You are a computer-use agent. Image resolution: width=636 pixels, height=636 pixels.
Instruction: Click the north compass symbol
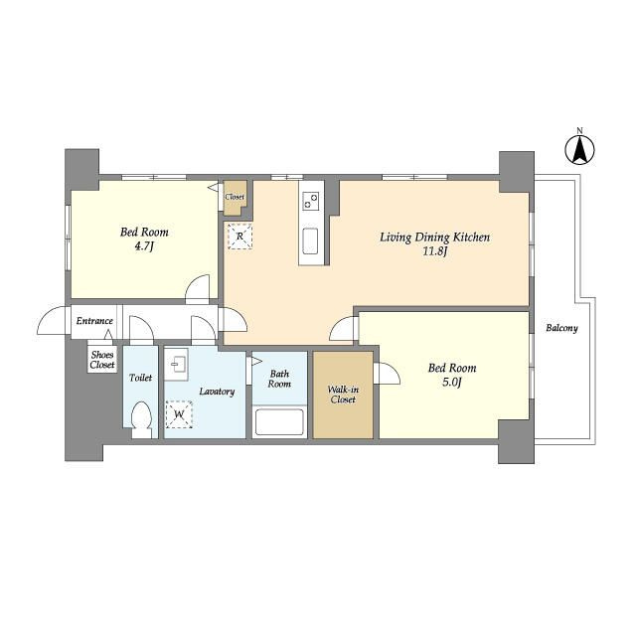580,150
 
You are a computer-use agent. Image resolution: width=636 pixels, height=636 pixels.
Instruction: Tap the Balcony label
561,328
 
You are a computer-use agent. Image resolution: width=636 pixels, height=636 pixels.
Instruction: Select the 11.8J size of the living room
435,251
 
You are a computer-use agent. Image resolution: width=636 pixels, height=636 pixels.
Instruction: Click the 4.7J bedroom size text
144,246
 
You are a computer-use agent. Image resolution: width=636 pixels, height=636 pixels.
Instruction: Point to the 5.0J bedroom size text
452,382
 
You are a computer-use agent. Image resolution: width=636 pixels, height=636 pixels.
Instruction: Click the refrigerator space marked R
239,237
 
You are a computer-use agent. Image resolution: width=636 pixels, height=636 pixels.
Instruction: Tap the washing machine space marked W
179,414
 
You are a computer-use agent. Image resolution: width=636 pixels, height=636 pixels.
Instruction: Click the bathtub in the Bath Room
279,422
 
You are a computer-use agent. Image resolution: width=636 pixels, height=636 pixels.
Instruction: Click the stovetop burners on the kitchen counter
311,201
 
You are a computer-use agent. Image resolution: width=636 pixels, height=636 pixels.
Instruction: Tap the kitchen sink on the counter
311,241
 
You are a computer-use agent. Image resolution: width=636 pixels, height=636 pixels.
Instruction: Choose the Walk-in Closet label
343,395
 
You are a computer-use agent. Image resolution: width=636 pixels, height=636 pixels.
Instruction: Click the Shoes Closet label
102,360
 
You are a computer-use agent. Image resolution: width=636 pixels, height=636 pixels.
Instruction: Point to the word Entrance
94,321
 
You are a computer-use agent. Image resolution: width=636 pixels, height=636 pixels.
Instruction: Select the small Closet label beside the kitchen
235,197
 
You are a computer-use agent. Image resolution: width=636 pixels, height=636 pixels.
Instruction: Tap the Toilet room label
140,378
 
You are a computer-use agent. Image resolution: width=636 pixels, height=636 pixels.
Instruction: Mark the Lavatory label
217,392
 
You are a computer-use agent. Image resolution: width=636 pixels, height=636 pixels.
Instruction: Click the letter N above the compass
580,130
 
